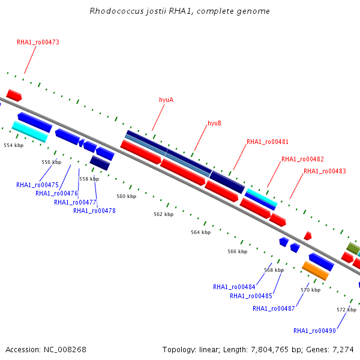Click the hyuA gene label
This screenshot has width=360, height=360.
[x=166, y=100]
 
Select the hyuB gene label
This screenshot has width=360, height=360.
[x=214, y=123]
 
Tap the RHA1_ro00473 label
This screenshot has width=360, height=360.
[x=38, y=42]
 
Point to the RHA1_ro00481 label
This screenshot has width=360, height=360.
[x=268, y=142]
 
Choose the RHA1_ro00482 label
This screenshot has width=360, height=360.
[x=302, y=159]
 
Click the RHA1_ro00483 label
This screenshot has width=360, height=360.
[x=325, y=171]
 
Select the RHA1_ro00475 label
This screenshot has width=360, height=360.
[x=37, y=185]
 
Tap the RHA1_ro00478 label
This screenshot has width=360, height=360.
[x=94, y=211]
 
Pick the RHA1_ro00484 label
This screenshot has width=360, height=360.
[x=234, y=287]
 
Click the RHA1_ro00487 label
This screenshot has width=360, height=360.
[x=274, y=308]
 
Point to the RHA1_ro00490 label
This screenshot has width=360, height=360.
[x=314, y=331]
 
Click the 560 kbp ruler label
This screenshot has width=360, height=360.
[x=126, y=196]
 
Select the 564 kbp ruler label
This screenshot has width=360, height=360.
[x=200, y=232]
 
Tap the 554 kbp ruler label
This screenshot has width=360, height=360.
[x=14, y=145]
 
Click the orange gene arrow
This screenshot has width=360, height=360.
[x=315, y=271]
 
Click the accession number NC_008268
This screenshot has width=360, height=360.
[x=65, y=350]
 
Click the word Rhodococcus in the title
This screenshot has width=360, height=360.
[x=116, y=11]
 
